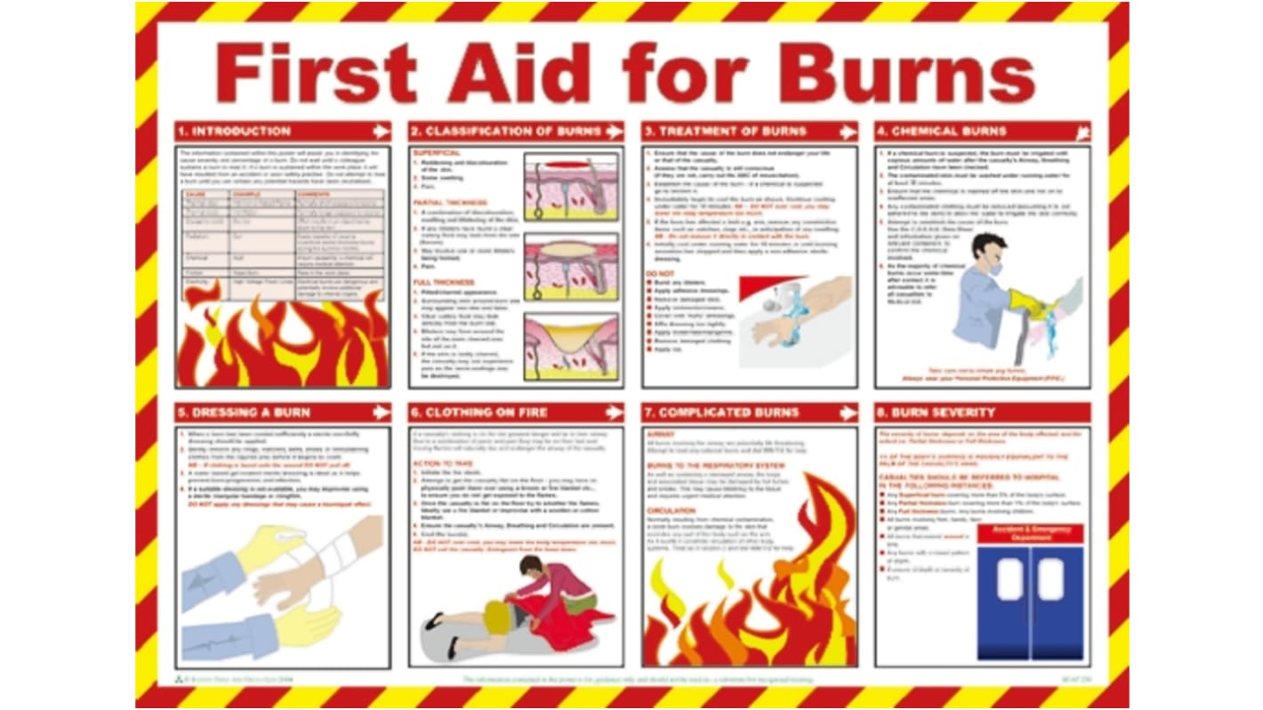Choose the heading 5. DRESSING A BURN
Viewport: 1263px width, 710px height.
pos(245,413)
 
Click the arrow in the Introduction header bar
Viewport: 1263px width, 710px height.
pos(381,132)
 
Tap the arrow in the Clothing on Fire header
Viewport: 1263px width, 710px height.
pos(614,413)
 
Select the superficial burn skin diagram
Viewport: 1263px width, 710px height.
pos(570,188)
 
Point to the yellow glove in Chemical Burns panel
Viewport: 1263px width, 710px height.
pos(1027,303)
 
